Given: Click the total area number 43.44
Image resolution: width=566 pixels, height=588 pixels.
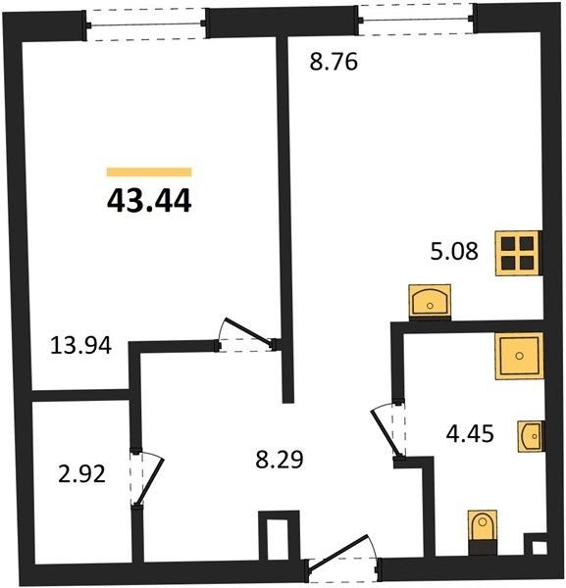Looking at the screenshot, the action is tap(149, 201).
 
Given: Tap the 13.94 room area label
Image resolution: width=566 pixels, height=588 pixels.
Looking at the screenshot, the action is tap(80, 345).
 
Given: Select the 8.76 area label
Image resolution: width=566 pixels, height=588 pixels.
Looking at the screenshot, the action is tap(334, 62).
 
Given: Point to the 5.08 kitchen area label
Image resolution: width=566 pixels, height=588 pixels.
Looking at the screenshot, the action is tap(454, 251).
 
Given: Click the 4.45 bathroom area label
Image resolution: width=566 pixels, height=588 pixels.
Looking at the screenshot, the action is tap(470, 434).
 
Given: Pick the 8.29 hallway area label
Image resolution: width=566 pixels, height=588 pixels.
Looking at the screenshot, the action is tap(280, 460).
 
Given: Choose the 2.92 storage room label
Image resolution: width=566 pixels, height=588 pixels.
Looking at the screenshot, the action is tap(81, 474).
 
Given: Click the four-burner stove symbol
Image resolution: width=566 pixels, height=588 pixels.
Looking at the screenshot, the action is tap(519, 253).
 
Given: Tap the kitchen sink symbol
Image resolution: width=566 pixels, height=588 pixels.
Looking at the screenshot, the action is tap(430, 302).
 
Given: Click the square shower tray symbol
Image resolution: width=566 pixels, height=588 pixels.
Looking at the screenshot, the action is tap(519, 356).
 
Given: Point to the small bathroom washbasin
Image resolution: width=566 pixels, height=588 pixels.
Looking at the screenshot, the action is tap(531, 436).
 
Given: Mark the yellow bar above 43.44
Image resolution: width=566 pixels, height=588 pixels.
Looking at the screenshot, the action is tap(149, 171).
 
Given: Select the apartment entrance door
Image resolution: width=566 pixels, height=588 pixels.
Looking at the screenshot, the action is tap(338, 551).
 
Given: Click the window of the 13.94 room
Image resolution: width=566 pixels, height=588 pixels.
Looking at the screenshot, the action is tap(146, 24).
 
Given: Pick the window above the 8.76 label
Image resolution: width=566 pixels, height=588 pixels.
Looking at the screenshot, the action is tap(416, 20).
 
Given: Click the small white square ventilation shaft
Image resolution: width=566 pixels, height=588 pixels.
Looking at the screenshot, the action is tap(539, 547).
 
